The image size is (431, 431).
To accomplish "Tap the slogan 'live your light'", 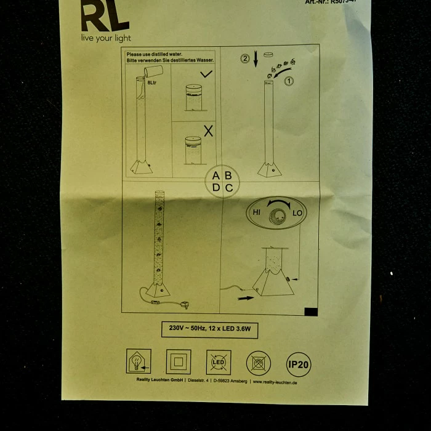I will (107, 38).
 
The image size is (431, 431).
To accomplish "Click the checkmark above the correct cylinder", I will (206, 75).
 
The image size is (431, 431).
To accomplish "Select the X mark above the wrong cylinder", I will (208, 131).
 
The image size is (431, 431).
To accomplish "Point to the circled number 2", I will (245, 60).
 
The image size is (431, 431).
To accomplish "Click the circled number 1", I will (289, 80).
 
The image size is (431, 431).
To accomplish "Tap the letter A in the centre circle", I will (216, 175).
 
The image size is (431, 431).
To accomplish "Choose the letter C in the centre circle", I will (229, 188).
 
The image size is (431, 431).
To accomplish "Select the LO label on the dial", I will (297, 213).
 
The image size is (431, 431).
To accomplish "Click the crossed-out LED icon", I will (219, 363).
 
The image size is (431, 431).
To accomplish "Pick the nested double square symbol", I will (178, 362).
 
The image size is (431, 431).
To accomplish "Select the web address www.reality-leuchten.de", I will (275, 382).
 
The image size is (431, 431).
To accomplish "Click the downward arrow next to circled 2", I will (256, 60).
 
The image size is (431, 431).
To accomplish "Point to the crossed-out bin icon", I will (259, 363).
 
